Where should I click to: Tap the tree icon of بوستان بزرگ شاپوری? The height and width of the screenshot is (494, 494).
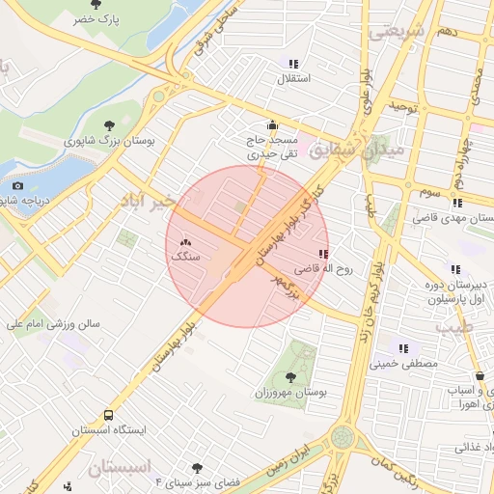point(109,123)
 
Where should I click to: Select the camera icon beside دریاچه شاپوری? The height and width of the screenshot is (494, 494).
point(17,185)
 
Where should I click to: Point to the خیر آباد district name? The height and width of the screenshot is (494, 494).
point(145,201)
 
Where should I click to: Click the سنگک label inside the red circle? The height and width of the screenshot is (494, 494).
point(185,258)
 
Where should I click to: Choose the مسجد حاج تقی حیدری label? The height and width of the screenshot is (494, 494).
point(272,147)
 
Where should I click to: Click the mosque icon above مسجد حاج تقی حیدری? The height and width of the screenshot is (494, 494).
point(272,124)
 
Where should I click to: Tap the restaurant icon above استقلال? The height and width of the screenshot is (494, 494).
point(292,64)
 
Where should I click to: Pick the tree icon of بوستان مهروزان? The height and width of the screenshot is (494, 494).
point(289,376)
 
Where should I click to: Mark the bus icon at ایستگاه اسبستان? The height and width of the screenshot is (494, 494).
point(109,413)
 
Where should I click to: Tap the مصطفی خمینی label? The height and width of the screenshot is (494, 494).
point(405,365)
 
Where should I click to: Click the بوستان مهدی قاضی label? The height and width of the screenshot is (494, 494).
point(452,218)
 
